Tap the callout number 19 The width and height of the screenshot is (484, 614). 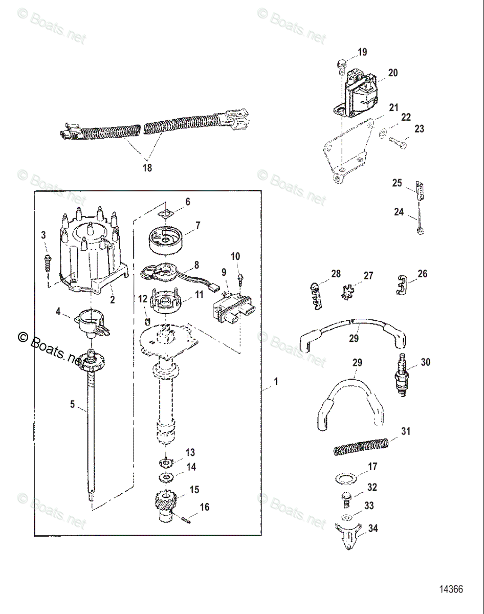362,52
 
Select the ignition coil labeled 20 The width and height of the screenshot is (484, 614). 360,95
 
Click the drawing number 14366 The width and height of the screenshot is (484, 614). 450,589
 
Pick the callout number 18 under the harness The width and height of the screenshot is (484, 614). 147,167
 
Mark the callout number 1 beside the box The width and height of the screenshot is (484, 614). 276,381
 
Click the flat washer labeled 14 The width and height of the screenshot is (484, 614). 165,477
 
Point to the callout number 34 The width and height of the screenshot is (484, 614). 373,529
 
